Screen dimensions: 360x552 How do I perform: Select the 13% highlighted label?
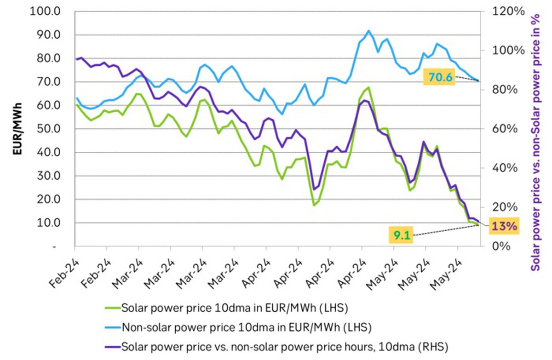[504, 226]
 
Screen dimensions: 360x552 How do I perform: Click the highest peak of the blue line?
[368, 31]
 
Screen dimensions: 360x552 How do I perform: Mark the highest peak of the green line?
[368, 87]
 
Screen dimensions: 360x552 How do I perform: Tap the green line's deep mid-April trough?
[314, 205]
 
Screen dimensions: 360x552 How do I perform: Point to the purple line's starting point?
[76, 59]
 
